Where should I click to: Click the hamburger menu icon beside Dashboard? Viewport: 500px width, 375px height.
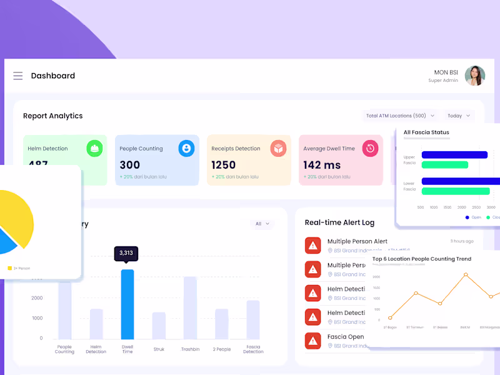18,76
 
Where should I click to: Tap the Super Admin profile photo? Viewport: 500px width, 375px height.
475,76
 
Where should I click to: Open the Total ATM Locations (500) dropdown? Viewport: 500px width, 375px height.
400,116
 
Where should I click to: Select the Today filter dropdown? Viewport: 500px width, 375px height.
459,116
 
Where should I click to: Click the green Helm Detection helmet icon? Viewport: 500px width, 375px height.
94,148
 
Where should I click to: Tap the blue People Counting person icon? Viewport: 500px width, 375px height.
186,148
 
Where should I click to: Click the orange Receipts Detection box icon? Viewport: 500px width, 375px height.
278,148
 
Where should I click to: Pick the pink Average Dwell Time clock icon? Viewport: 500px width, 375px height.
370,148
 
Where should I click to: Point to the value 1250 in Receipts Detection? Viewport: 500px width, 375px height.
224,165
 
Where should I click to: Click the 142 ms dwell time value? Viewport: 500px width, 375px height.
322,165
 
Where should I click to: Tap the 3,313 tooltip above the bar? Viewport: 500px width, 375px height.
126,253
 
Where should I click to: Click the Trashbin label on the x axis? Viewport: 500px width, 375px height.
190,349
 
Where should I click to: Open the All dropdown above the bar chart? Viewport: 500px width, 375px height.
261,224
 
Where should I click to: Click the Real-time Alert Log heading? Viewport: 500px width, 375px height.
339,222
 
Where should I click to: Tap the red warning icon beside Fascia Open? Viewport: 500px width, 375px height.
313,341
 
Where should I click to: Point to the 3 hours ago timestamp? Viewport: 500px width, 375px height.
461,241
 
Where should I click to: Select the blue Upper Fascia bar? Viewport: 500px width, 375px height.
454,155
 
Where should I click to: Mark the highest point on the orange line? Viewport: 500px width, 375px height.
466,274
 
